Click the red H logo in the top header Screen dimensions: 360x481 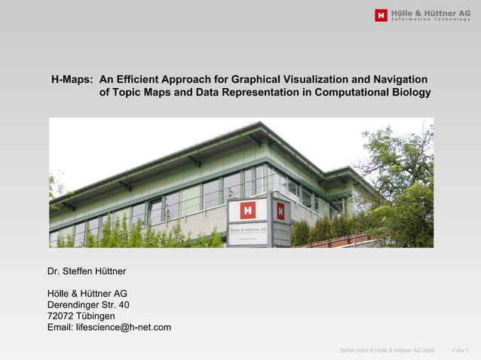(381, 15)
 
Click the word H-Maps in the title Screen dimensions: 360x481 (72, 79)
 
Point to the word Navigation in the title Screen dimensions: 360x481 (400, 79)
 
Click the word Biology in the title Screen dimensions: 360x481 (411, 93)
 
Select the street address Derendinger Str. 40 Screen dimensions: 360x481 (93, 305)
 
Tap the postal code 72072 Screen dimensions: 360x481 (62, 316)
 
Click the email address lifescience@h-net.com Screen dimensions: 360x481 (109, 328)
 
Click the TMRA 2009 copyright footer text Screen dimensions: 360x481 (387, 351)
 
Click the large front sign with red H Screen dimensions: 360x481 (247, 221)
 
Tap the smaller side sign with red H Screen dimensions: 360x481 (281, 221)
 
